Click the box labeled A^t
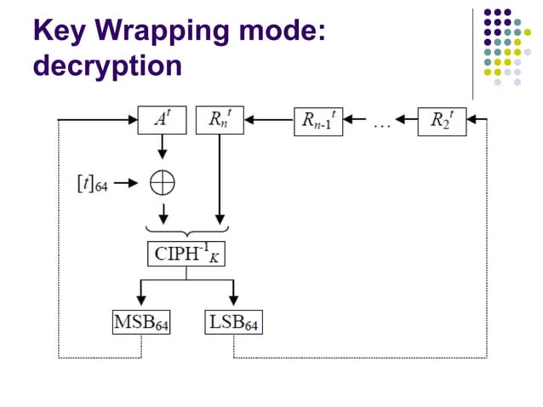coord(162,121)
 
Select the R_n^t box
coord(220,121)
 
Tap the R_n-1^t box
coord(319,121)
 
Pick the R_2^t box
coord(441,121)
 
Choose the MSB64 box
coord(140,323)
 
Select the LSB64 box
coord(232,323)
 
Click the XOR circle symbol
coord(162,182)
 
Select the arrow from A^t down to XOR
coord(162,149)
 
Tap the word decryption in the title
coord(107,66)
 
